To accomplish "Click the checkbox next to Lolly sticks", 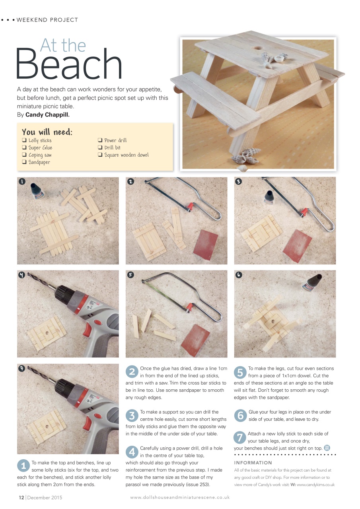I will click(x=24, y=140).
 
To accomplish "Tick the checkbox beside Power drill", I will click(x=100, y=140).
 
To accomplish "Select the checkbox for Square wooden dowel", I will click(x=100, y=155).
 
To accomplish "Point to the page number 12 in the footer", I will click(x=21, y=497).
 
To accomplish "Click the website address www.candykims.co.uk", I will click(x=315, y=485).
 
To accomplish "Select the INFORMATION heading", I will click(x=253, y=462).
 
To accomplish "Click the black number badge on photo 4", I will click(x=22, y=275).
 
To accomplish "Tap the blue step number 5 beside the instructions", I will click(x=240, y=372).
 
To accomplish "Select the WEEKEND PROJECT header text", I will click(x=47, y=20).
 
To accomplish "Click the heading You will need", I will click(x=47, y=132).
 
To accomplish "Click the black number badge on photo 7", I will click(x=22, y=368).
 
